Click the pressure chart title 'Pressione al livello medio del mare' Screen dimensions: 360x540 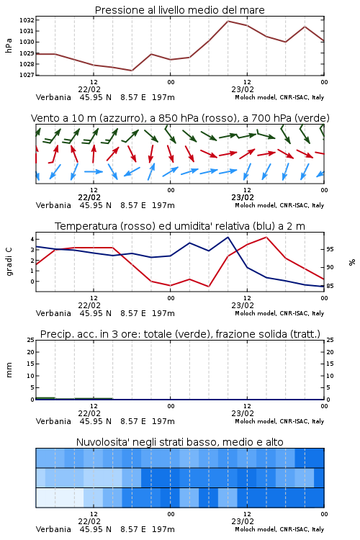(179, 10)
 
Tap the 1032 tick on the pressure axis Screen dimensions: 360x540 (26, 20)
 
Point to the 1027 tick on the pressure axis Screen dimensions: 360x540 (26, 75)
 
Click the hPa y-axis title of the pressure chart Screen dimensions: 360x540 (9, 45)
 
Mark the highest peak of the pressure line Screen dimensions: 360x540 (228, 21)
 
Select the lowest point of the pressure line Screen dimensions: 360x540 (132, 71)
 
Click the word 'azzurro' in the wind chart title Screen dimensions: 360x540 (120, 118)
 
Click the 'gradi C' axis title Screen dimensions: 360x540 (9, 261)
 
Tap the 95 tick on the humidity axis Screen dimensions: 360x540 (330, 249)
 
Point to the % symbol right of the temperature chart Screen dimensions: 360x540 (352, 262)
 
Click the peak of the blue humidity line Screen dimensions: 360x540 (228, 237)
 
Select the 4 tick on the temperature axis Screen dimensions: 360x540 (32, 239)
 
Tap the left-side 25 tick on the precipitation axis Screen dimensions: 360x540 (31, 340)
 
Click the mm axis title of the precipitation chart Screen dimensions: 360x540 (9, 370)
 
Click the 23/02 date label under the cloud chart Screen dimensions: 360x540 (243, 521)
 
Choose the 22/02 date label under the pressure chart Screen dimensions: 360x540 (89, 89)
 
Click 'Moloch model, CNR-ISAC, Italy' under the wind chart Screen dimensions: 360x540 (279, 205)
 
